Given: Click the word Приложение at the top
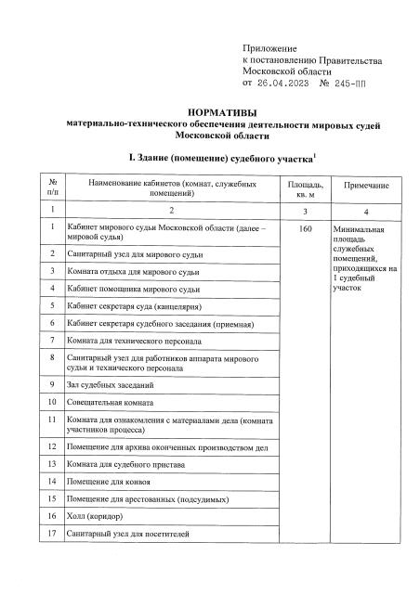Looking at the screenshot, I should (269, 47).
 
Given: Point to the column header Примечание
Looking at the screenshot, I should (366, 187).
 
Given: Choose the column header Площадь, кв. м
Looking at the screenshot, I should (305, 190).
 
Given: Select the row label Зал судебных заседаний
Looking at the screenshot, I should (109, 384).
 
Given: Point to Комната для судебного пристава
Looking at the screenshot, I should (127, 462).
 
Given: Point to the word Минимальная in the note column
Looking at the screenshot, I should (357, 227).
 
